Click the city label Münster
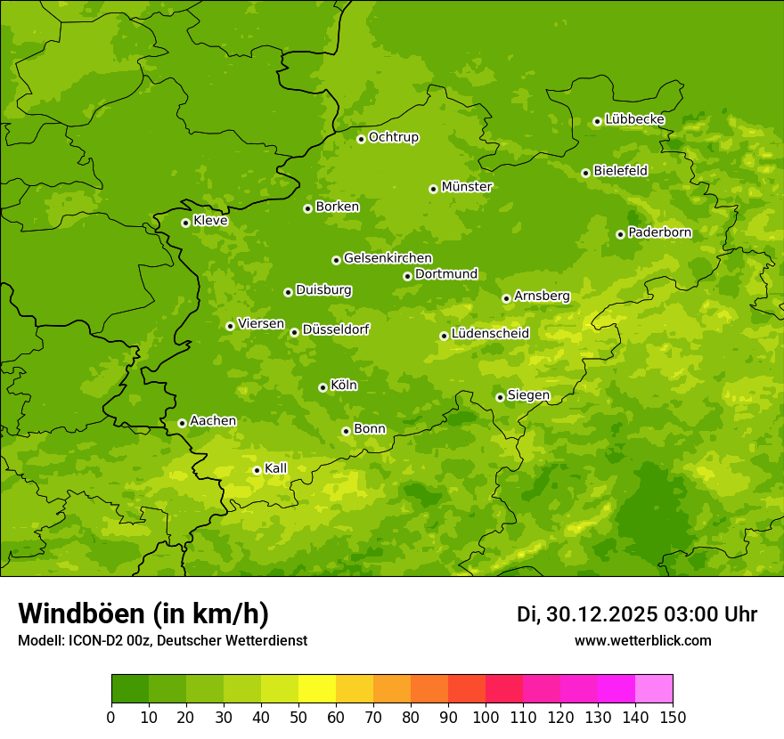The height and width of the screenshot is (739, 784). pyautogui.click(x=466, y=187)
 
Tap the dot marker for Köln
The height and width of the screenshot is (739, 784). pyautogui.click(x=323, y=387)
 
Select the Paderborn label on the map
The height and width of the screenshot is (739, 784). pyautogui.click(x=659, y=232)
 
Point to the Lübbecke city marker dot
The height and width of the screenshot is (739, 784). pyautogui.click(x=597, y=121)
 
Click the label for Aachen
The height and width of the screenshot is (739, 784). pyautogui.click(x=213, y=421)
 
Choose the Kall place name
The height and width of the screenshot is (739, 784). pyautogui.click(x=276, y=468)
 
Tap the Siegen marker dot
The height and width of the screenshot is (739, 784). pyautogui.click(x=500, y=397)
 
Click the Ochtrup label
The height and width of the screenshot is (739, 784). pyautogui.click(x=393, y=137)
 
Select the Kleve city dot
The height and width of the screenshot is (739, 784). pyautogui.click(x=185, y=223)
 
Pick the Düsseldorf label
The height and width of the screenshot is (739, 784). pyautogui.click(x=335, y=329)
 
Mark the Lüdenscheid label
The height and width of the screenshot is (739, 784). pyautogui.click(x=490, y=334)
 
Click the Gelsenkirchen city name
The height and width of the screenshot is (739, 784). pyautogui.click(x=388, y=258)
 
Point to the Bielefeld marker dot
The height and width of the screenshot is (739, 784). pyautogui.click(x=585, y=173)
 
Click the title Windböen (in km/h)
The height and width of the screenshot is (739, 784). pyautogui.click(x=143, y=613)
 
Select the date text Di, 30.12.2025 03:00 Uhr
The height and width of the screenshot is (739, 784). pyautogui.click(x=637, y=614)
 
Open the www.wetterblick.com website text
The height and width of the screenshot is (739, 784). pyautogui.click(x=642, y=640)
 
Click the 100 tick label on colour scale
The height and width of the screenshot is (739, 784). pyautogui.click(x=486, y=717)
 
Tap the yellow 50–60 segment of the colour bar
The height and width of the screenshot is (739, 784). pyautogui.click(x=316, y=689)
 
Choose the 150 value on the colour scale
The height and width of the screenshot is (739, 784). pyautogui.click(x=673, y=717)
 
